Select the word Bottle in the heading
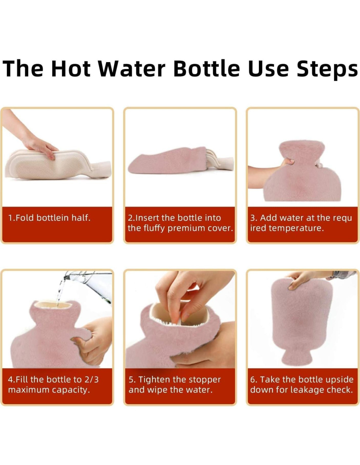point(207,68)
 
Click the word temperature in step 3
point(296,229)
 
